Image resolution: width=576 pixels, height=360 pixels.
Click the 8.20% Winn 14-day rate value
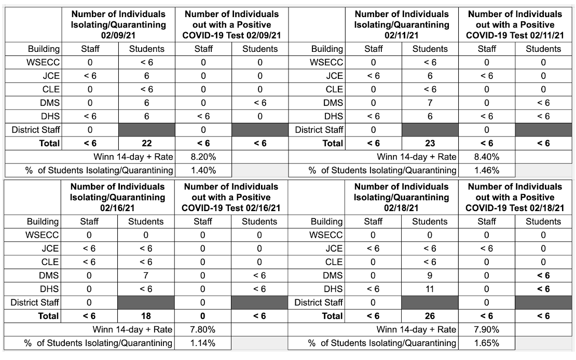203,157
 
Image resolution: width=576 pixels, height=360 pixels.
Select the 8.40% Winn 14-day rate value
486,157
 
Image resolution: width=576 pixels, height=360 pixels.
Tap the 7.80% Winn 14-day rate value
202,329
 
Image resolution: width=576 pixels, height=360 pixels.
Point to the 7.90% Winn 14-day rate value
486,329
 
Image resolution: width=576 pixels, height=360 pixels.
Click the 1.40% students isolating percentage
203,171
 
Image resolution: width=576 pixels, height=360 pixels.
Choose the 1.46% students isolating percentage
486,171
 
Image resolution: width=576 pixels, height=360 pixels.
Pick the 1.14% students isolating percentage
202,343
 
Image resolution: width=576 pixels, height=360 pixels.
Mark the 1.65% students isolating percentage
486,343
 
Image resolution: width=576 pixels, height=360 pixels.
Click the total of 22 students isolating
146,143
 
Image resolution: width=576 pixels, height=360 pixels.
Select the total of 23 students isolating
430,143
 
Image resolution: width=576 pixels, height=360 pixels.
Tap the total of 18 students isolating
146,316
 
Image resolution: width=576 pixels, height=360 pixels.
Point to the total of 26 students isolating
430,316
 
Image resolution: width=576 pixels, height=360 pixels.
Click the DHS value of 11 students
430,289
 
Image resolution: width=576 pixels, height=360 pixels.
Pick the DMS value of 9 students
430,275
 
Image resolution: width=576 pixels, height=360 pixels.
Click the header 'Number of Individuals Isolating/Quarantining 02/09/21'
118,24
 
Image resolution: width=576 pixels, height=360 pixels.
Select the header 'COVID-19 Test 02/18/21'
515,208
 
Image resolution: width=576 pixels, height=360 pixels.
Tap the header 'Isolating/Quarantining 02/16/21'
118,202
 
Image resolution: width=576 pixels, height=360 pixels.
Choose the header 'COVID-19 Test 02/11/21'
515,35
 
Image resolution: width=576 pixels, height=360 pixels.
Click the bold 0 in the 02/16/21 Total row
202,316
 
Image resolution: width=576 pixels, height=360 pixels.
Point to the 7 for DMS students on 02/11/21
430,103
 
